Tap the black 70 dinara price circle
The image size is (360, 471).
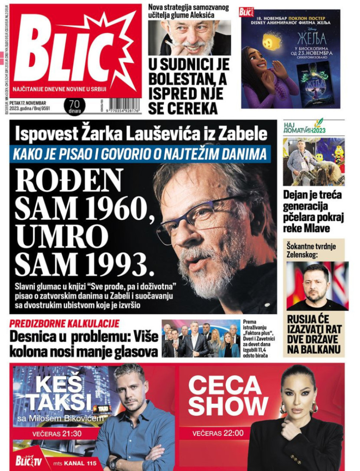pos(74,107)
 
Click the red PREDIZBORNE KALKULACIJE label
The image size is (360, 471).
pos(64,324)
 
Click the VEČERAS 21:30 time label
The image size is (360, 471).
pos(52,434)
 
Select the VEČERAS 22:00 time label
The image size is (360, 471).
pos(218,433)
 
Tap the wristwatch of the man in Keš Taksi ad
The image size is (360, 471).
pos(113,463)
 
